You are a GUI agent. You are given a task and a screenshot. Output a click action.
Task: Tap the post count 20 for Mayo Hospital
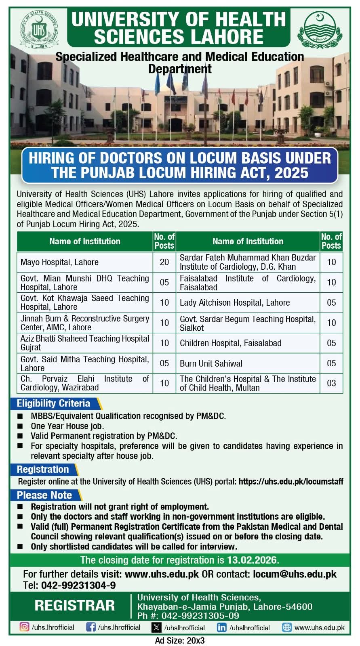click(x=164, y=262)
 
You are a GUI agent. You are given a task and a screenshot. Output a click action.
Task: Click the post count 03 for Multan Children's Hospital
click(x=331, y=383)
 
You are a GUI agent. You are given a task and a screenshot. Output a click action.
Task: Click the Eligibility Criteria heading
click(x=53, y=403)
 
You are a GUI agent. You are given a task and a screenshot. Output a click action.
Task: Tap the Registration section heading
click(x=43, y=470)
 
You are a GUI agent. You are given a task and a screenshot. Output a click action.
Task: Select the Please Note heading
click(x=44, y=495)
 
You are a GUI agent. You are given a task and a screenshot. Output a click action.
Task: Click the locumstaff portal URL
click(x=291, y=482)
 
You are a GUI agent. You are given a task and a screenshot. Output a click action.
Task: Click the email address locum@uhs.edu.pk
click(x=295, y=574)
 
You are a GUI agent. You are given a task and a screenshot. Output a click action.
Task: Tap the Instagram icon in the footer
click(x=25, y=627)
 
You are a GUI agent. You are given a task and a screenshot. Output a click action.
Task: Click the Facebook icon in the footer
click(x=91, y=627)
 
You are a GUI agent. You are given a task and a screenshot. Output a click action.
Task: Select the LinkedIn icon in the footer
click(x=222, y=627)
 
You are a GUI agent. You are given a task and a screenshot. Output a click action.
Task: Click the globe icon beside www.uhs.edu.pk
click(x=287, y=627)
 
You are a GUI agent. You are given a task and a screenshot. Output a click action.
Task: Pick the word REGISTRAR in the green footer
click(x=75, y=606)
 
